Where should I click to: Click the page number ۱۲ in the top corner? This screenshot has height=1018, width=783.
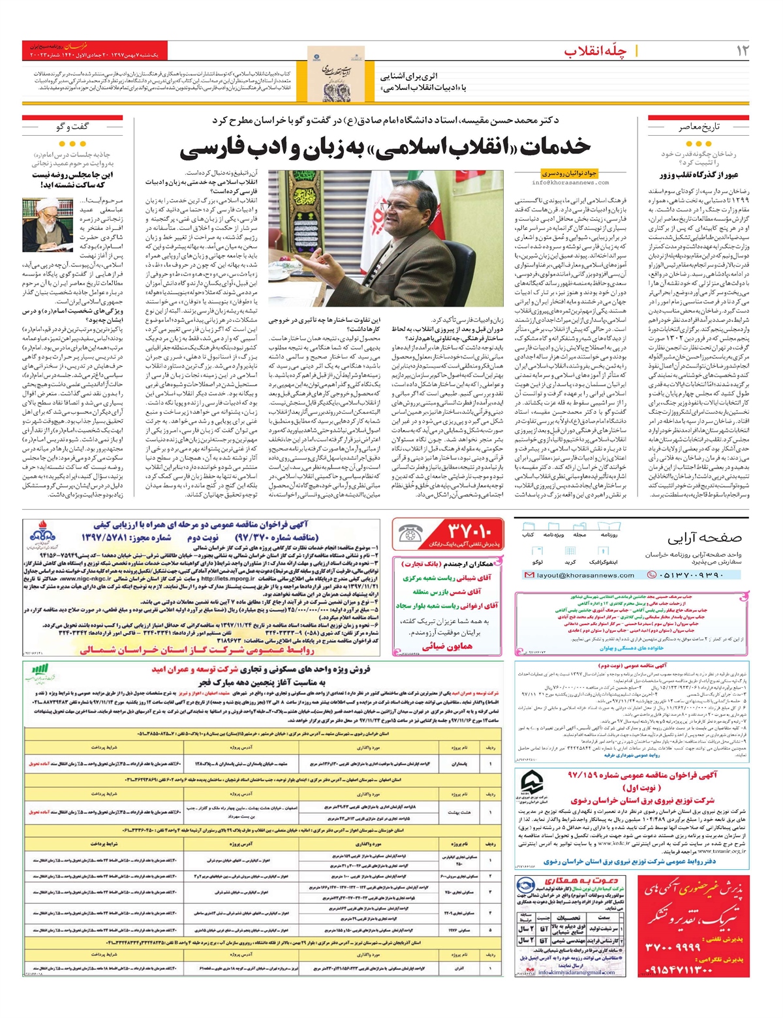(x=742, y=51)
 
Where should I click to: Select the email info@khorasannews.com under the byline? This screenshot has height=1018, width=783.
(x=571, y=183)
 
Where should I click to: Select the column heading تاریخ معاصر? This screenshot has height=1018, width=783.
(x=698, y=127)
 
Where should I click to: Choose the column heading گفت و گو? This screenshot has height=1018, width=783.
(x=72, y=127)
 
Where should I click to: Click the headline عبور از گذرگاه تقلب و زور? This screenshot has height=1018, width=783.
(x=698, y=174)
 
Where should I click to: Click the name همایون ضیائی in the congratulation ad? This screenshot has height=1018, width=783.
(x=448, y=646)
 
